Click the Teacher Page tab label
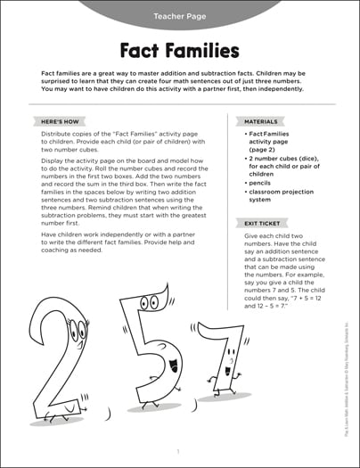point(179,15)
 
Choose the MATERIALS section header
point(258,120)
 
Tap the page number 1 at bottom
point(178,452)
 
